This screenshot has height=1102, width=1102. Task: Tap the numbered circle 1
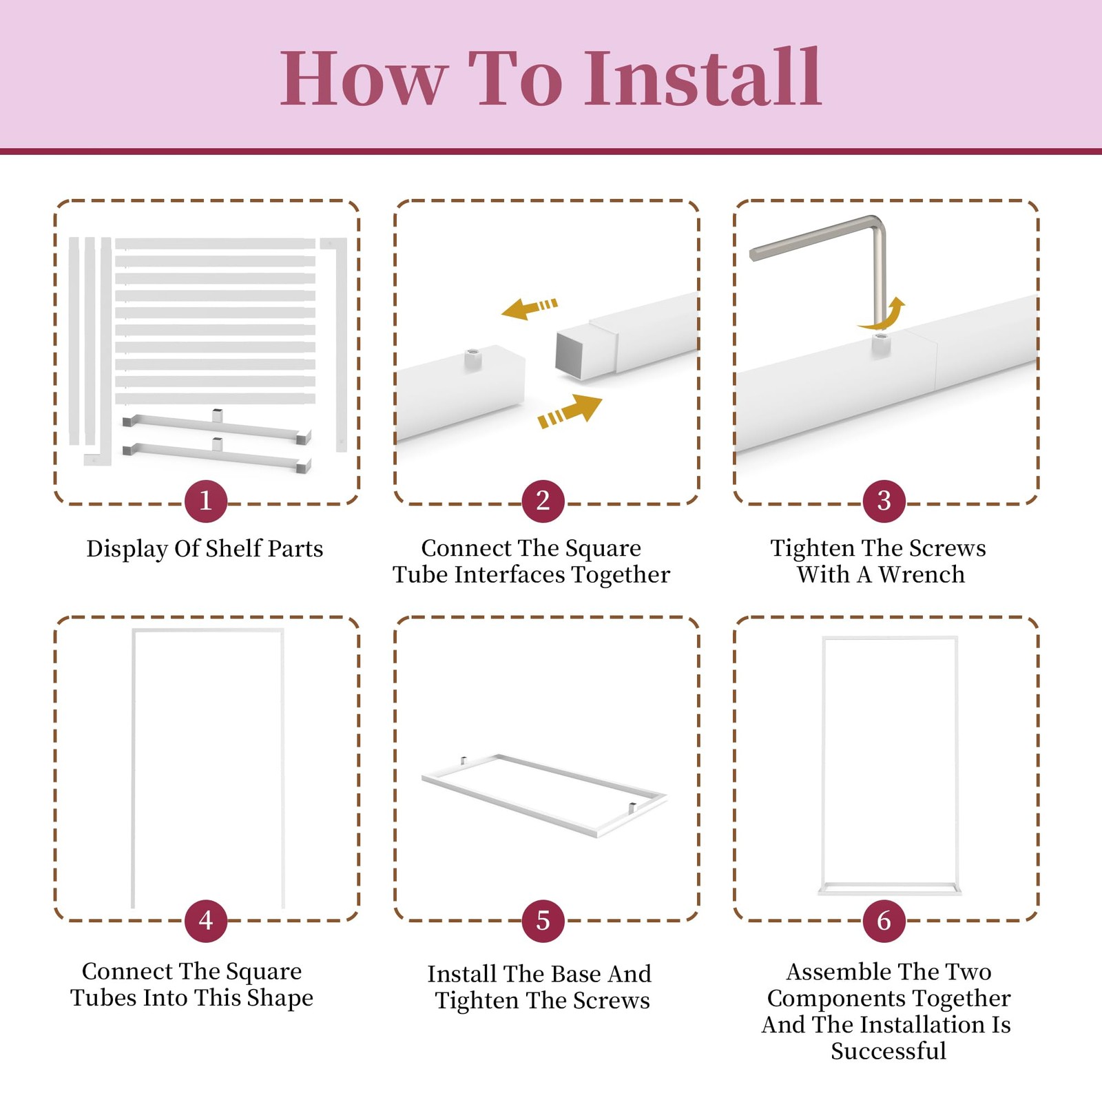pyautogui.click(x=206, y=501)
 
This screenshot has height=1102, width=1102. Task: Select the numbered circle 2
pyautogui.click(x=543, y=501)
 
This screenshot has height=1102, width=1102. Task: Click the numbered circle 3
pyautogui.click(x=884, y=501)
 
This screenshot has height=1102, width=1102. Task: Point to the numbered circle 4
pyautogui.click(x=206, y=921)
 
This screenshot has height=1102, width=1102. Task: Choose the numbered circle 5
pyautogui.click(x=543, y=921)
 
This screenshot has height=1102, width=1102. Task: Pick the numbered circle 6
pyautogui.click(x=884, y=921)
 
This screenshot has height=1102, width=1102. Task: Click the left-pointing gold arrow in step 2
pyautogui.click(x=529, y=309)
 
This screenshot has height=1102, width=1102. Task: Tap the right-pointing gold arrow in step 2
pyautogui.click(x=570, y=411)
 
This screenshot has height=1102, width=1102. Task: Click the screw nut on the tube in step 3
pyautogui.click(x=881, y=343)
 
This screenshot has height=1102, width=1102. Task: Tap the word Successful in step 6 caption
pyautogui.click(x=888, y=1051)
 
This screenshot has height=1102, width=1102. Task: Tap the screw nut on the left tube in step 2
pyautogui.click(x=472, y=359)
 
